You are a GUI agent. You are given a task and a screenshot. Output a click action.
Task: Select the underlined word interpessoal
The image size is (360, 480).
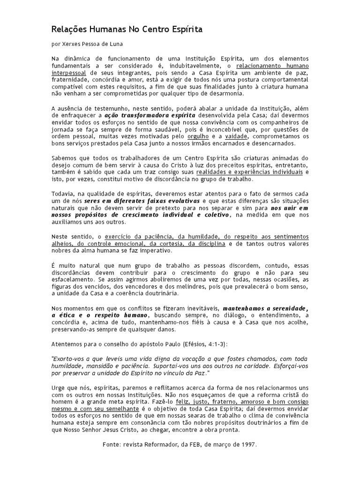coord(68,73)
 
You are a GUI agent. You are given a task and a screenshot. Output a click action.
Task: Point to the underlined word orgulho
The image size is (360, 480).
coord(198,136)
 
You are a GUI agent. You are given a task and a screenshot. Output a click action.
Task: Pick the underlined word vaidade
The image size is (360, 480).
coord(228,136)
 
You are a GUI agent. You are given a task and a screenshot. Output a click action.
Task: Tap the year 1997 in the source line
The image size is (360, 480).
coord(248,444)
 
